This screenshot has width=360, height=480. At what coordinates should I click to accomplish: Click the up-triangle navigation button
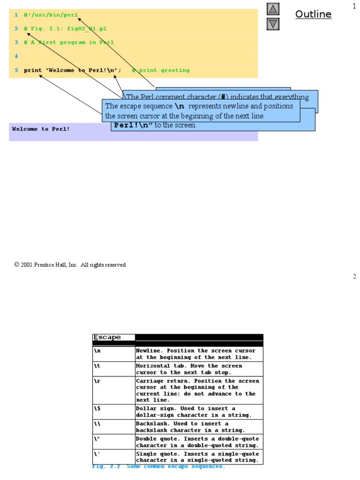(x=273, y=9)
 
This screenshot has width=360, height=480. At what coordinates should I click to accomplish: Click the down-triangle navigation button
(x=273, y=24)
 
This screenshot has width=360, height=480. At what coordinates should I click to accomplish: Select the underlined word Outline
(x=313, y=15)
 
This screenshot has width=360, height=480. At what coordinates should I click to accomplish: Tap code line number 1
(x=16, y=15)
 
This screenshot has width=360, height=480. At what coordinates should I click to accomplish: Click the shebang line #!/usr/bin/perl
(x=51, y=15)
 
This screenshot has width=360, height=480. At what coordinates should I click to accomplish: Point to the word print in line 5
(x=33, y=70)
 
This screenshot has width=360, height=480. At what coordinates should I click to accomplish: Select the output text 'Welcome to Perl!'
(x=41, y=129)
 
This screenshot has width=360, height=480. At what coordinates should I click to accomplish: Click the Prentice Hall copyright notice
(x=70, y=265)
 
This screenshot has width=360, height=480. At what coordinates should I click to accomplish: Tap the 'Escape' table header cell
(x=107, y=337)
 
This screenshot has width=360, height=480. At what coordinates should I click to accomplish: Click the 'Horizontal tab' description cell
(x=199, y=369)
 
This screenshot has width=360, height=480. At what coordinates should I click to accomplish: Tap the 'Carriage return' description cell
(x=199, y=390)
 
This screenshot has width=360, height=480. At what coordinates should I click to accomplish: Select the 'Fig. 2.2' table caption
(x=158, y=467)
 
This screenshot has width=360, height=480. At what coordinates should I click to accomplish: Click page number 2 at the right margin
(x=354, y=277)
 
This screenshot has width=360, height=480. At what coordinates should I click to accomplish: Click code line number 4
(x=16, y=56)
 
